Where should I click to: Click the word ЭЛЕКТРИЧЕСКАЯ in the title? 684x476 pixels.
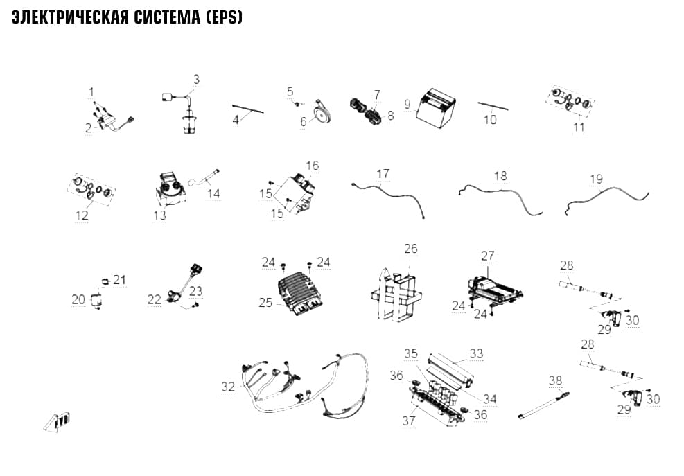[x=70, y=17]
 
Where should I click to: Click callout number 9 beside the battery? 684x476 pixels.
[x=407, y=104]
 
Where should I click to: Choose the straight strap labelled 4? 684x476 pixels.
[x=248, y=109]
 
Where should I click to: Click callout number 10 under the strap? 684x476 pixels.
[x=491, y=120]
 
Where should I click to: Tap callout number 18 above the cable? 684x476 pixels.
[x=500, y=175]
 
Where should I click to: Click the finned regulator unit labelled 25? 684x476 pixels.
[x=299, y=291]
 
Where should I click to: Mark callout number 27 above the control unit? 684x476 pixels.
[x=488, y=256]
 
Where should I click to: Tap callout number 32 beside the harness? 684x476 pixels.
[x=228, y=387]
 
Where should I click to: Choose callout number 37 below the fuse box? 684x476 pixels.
[x=409, y=421]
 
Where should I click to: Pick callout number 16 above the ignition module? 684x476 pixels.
[x=313, y=166]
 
